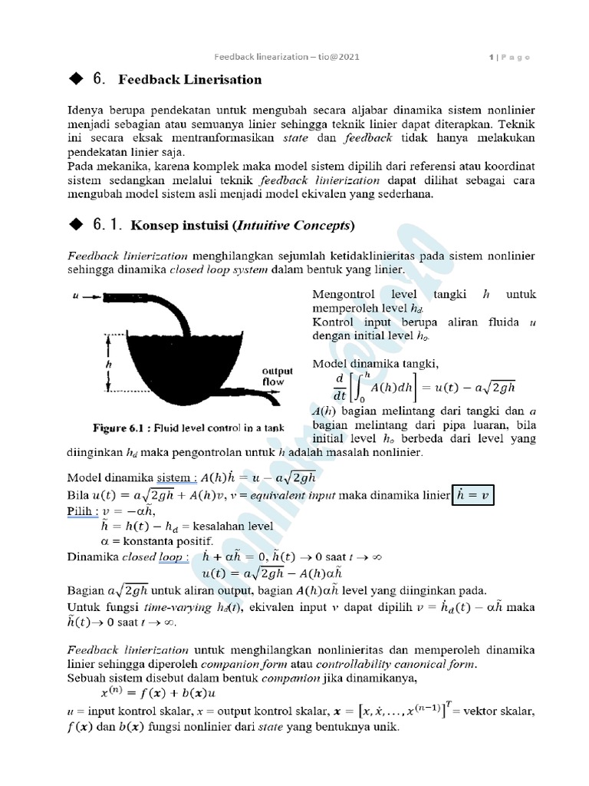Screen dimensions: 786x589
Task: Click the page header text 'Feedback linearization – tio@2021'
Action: [286, 57]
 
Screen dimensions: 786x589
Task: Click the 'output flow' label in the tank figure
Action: [272, 376]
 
